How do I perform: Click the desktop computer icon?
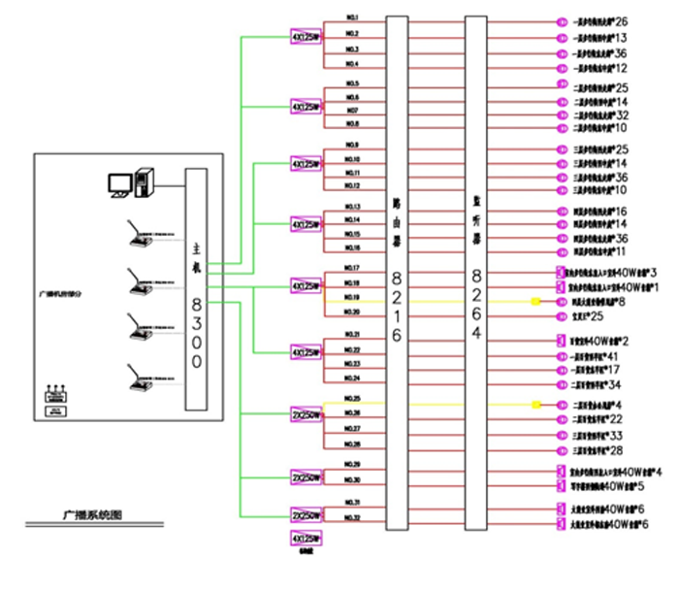[130, 182]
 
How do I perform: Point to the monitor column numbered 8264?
[474, 272]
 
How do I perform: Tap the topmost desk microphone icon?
[142, 234]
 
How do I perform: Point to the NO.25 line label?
[352, 398]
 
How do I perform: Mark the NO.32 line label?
[352, 517]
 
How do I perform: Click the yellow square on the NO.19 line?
[535, 302]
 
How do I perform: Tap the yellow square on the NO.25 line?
[535, 404]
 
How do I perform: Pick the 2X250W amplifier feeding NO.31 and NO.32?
[306, 514]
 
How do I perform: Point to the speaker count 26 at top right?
[621, 20]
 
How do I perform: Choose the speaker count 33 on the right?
[614, 436]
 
